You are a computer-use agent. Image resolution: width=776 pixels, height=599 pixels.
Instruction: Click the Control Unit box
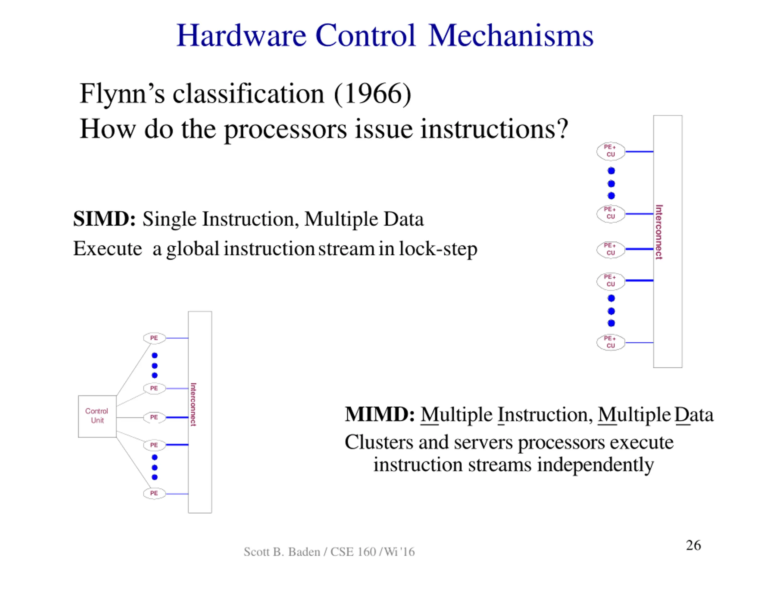(x=97, y=416)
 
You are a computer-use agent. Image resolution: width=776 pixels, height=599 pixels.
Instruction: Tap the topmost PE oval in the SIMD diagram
(x=154, y=338)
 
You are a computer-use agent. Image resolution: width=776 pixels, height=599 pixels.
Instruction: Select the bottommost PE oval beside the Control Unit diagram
(x=154, y=494)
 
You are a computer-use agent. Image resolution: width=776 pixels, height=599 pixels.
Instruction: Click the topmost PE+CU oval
(x=610, y=151)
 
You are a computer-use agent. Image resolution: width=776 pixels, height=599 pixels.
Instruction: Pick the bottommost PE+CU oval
(x=610, y=342)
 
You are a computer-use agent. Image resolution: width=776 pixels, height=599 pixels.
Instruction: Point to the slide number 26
(x=693, y=545)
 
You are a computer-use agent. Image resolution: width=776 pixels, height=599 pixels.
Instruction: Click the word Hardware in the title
(x=241, y=36)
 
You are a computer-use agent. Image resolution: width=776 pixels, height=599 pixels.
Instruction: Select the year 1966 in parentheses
(x=373, y=94)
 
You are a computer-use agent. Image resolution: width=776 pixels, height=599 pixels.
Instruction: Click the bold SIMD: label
(x=104, y=219)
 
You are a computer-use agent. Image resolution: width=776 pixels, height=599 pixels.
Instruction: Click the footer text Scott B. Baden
(x=282, y=552)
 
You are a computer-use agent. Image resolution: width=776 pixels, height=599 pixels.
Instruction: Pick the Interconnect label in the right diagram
(x=659, y=232)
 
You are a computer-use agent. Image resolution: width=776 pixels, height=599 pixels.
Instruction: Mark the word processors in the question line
(x=285, y=129)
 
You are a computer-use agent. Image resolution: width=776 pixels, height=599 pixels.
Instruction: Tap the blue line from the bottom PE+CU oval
(x=639, y=343)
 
